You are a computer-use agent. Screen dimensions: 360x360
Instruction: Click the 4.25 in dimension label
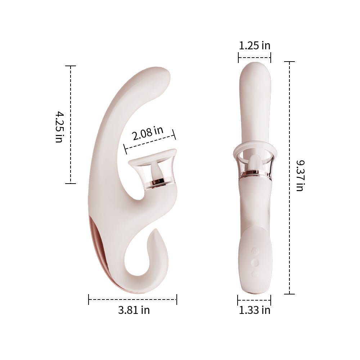(59, 127)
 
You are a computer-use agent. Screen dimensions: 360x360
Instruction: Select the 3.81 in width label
(134, 310)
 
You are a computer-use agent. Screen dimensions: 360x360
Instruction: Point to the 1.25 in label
(255, 46)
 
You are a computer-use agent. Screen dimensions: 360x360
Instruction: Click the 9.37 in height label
(300, 176)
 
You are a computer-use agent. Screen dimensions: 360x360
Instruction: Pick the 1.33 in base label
(255, 310)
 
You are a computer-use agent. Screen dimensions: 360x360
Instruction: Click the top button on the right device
(255, 250)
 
